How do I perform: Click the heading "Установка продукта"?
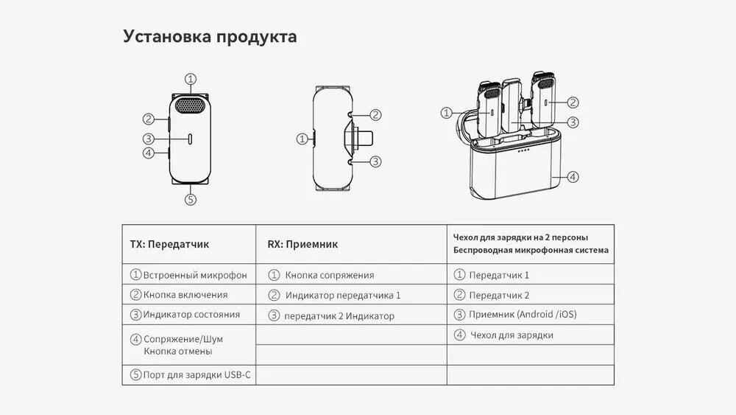(210, 37)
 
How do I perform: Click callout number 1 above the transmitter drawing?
(190, 78)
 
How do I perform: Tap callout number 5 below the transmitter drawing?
(190, 198)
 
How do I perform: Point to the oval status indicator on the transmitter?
(190, 139)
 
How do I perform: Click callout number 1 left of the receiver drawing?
(301, 138)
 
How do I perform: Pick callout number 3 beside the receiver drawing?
(375, 161)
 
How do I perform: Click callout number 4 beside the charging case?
(573, 177)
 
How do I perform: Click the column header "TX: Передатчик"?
(169, 244)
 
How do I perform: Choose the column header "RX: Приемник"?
(302, 244)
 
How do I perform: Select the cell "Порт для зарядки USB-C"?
(197, 374)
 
